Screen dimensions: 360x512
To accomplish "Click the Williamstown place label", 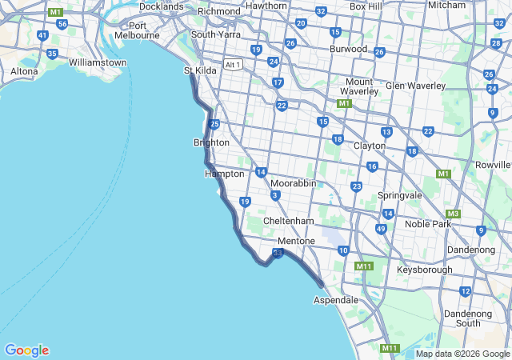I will tap(98, 62).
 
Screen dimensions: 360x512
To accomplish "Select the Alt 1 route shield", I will tap(233, 64).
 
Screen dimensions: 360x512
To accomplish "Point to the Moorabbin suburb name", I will tap(293, 183).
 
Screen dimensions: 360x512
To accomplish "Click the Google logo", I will tap(26, 350).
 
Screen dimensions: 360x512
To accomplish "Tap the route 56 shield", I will tap(62, 24).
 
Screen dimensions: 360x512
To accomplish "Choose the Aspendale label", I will tap(336, 299).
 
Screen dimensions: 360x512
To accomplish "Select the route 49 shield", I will tap(381, 229).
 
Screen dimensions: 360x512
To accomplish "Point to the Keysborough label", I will tap(424, 270).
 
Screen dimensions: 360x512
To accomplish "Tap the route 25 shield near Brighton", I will tap(214, 124).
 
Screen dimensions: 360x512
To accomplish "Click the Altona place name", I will tap(24, 71).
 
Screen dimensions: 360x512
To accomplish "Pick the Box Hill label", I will tap(366, 6).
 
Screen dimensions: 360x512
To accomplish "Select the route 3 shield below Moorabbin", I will tap(275, 195).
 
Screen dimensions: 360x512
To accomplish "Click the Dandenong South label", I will tap(468, 318).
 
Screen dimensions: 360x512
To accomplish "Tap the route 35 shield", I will tap(52, 54).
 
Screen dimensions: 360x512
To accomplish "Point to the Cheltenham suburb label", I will tap(289, 221).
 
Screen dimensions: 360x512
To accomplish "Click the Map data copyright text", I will tap(462, 354).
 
